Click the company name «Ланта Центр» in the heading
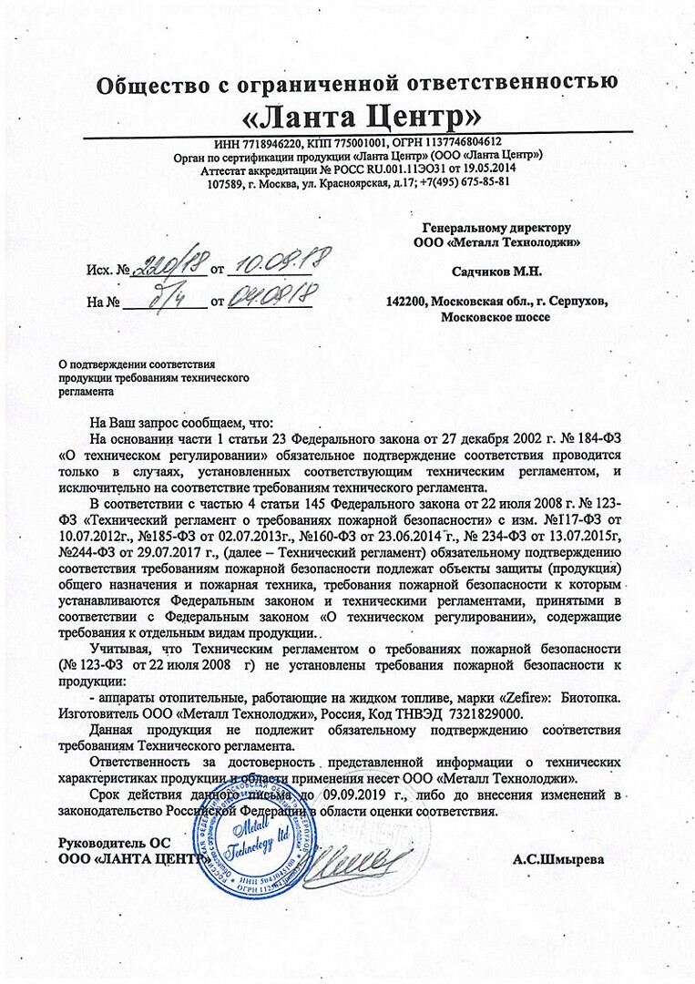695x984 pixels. coord(359,118)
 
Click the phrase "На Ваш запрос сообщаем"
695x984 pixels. coord(163,424)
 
